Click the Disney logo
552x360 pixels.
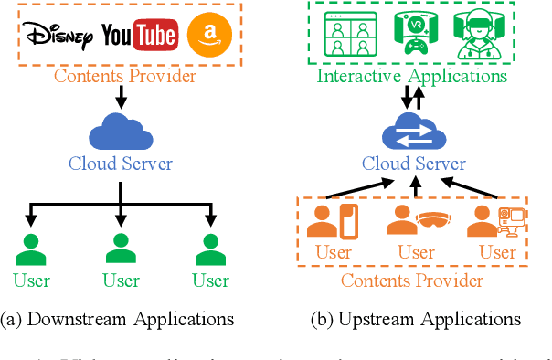(x=58, y=36)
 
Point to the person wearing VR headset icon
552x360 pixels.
(x=476, y=36)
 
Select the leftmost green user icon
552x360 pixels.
(x=32, y=249)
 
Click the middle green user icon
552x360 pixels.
(x=121, y=249)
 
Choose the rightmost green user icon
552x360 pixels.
(x=210, y=249)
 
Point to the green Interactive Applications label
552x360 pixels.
(x=411, y=76)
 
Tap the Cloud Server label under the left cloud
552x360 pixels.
(x=121, y=164)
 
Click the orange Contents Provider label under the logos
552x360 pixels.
(x=125, y=76)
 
